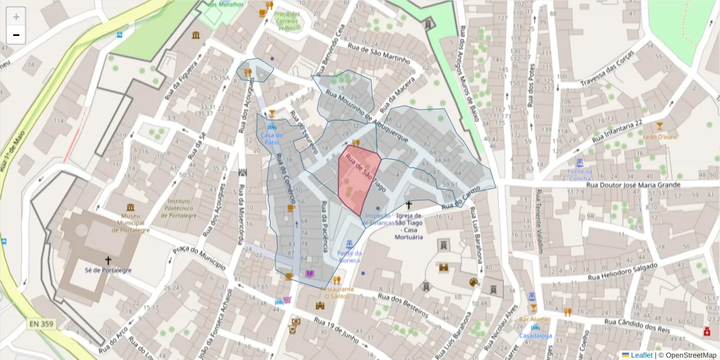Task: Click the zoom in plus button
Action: (16, 17)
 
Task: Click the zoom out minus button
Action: (16, 35)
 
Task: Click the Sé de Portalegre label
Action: (108, 271)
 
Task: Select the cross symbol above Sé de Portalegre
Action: (108, 260)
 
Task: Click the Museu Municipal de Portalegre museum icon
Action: (130, 207)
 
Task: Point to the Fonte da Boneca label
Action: (349, 257)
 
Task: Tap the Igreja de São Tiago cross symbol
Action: (409, 205)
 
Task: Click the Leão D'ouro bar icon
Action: (660, 126)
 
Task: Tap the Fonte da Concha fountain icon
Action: (580, 163)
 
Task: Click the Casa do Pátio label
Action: (272, 139)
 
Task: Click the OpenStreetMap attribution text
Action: (687, 355)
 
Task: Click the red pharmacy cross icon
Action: (706, 331)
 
